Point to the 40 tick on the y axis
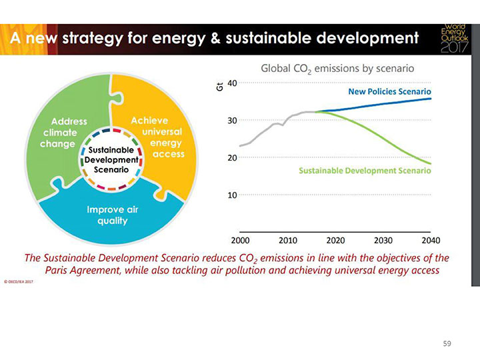[231, 83]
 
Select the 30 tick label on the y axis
[231, 120]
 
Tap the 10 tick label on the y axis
[231, 195]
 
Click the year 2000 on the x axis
[240, 240]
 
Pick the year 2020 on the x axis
[335, 240]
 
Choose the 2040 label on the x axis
[431, 240]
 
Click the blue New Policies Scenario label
[390, 91]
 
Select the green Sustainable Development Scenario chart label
[365, 171]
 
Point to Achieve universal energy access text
[157, 137]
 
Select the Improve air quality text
[107, 215]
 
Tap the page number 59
[447, 344]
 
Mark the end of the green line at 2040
[431, 163]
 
